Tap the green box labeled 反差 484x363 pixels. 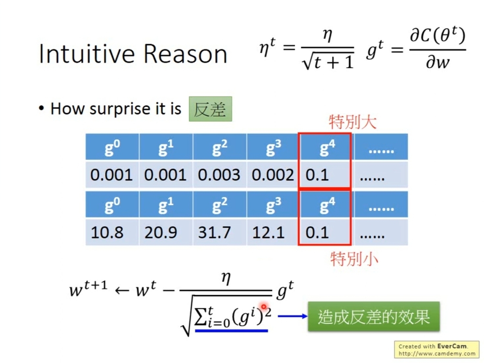coord(210,109)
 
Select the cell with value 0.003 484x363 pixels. coord(219,175)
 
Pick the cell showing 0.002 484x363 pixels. coord(273,175)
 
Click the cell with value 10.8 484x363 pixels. coord(107,232)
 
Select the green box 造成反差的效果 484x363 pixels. coord(373,317)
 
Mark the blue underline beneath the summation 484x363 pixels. coord(231,331)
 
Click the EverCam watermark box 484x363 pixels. coord(437,350)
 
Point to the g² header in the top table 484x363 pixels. coord(219,148)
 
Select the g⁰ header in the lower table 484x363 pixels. coord(112,205)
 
